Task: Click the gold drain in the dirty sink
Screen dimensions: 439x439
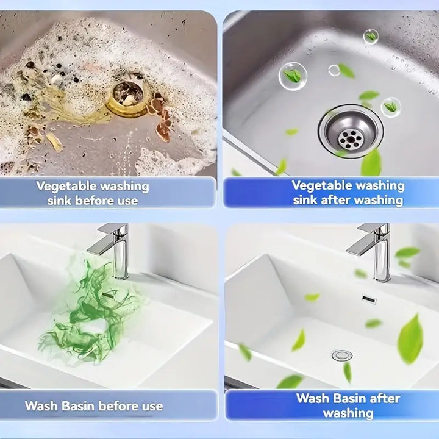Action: pyautogui.click(x=127, y=99)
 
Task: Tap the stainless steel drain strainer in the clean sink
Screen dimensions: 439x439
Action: pyautogui.click(x=351, y=131)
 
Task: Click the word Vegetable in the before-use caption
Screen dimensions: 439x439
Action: pyautogui.click(x=66, y=187)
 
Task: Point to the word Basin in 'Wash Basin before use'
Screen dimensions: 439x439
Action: pyautogui.click(x=78, y=405)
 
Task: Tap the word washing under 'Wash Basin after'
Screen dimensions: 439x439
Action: pyautogui.click(x=348, y=413)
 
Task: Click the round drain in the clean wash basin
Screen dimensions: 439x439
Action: pyautogui.click(x=342, y=355)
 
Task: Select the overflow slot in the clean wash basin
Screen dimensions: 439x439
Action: pyautogui.click(x=369, y=299)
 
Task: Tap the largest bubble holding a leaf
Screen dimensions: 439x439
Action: pyautogui.click(x=293, y=76)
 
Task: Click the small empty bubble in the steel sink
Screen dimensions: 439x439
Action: pyautogui.click(x=334, y=70)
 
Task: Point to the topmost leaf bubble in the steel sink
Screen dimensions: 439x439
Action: pyautogui.click(x=371, y=37)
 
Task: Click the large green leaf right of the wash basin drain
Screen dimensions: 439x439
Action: pyautogui.click(x=410, y=339)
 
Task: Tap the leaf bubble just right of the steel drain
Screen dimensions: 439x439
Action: pyautogui.click(x=391, y=107)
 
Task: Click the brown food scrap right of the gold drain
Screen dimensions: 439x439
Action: pyautogui.click(x=160, y=119)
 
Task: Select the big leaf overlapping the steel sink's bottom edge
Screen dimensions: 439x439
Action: pyautogui.click(x=371, y=163)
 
